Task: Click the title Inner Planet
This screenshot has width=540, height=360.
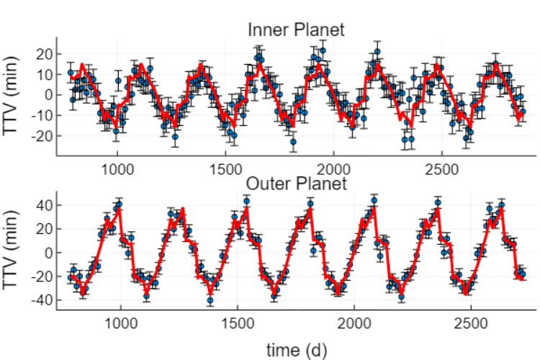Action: [x=296, y=30]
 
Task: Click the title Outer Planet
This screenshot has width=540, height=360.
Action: [x=296, y=184]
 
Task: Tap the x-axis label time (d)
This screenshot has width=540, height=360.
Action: [x=297, y=351]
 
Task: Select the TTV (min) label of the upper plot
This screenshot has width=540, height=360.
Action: [x=10, y=96]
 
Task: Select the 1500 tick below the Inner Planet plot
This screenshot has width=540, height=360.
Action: [x=225, y=170]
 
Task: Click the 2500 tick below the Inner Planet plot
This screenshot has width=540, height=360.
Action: [x=442, y=170]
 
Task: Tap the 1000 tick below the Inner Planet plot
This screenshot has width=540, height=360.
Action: [x=117, y=170]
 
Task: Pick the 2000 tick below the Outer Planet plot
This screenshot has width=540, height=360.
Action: [x=354, y=323]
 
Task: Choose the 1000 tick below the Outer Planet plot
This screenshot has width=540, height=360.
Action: [x=121, y=323]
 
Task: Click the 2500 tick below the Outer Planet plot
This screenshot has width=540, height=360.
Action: [x=471, y=323]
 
